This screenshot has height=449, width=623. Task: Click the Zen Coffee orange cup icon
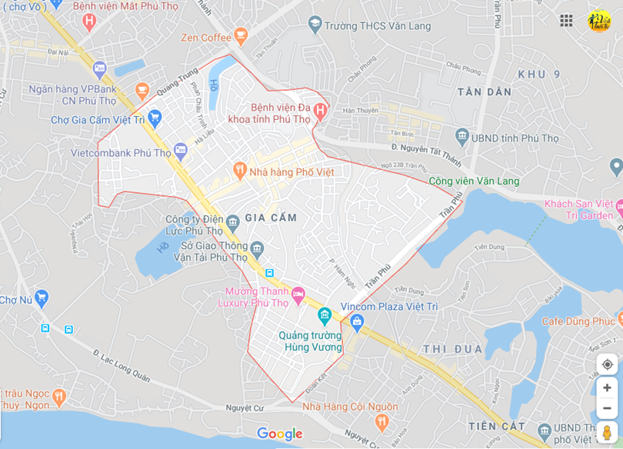(x=242, y=35)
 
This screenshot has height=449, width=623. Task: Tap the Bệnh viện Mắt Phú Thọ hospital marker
(x=89, y=21)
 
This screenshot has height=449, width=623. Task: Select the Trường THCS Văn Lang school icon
(x=314, y=25)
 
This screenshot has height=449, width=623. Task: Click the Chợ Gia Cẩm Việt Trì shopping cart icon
(x=155, y=118)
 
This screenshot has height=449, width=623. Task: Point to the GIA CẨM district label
(x=271, y=218)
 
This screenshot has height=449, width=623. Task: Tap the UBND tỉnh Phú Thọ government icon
(x=461, y=137)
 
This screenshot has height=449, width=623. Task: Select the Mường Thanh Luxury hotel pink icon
(x=298, y=294)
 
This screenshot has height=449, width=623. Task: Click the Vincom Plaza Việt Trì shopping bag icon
(x=355, y=323)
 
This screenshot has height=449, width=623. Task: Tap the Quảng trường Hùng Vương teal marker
(x=324, y=315)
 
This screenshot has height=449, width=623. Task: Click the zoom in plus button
(x=607, y=387)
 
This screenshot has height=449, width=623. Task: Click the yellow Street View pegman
(x=607, y=432)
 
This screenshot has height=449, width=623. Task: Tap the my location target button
(x=607, y=364)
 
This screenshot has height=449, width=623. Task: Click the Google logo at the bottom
(x=280, y=434)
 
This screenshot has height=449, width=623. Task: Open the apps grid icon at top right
(x=566, y=21)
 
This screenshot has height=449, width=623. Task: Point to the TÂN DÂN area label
(x=485, y=91)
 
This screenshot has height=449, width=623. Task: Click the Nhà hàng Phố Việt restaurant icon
(x=239, y=169)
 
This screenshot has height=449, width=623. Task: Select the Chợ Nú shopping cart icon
(x=42, y=297)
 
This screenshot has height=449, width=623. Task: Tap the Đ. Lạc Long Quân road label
(x=122, y=364)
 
